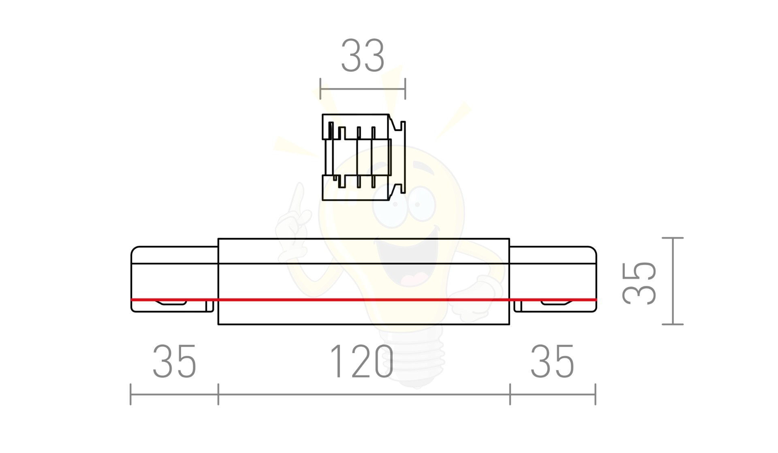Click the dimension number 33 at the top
click(x=363, y=55)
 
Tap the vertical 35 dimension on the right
click(x=639, y=282)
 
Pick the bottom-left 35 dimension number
click(x=174, y=362)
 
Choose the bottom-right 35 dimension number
click(x=552, y=362)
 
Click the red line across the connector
click(x=363, y=300)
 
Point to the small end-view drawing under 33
click(x=364, y=157)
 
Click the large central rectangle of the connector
click(x=363, y=281)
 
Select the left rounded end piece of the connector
click(x=174, y=279)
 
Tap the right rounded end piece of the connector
click(x=553, y=279)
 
